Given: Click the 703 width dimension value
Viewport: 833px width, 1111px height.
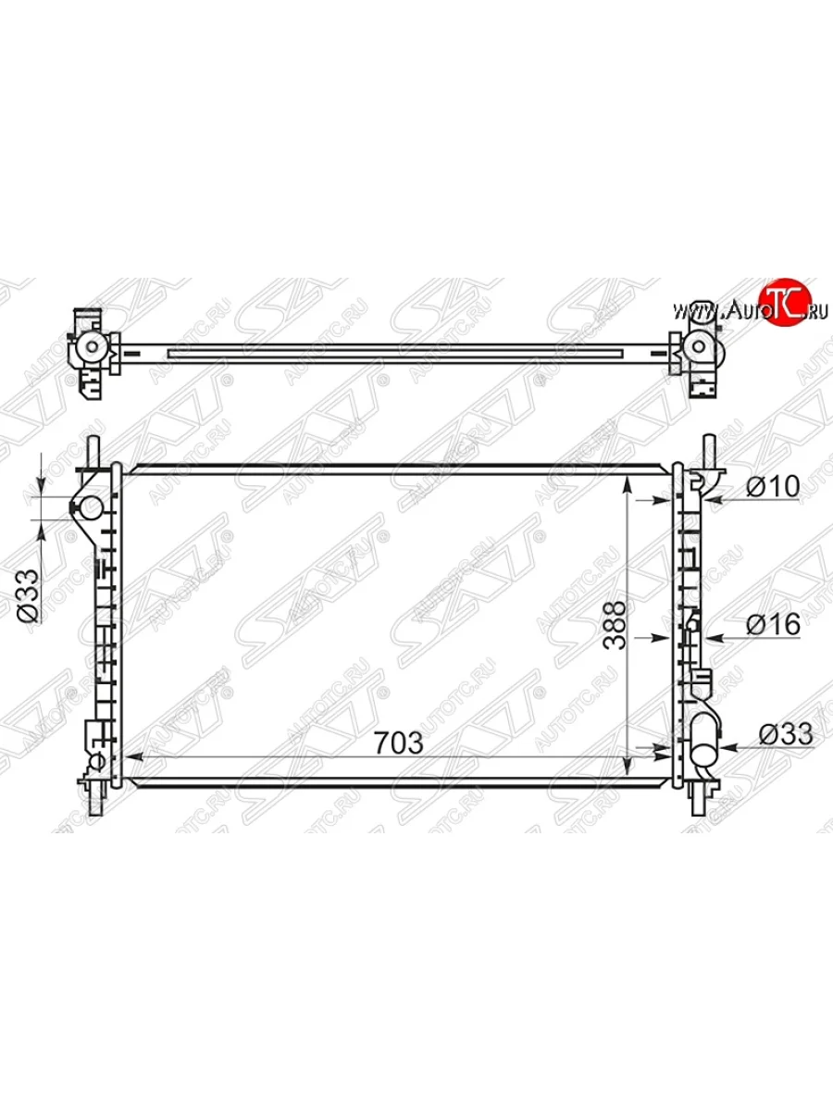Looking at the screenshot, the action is (399, 743).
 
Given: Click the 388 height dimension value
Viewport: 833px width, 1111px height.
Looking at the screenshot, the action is (615, 626).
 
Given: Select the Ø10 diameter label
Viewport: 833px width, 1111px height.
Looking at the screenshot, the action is (773, 486).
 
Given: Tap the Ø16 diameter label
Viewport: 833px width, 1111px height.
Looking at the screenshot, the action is (774, 625).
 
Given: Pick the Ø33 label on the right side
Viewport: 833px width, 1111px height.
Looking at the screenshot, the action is (786, 733).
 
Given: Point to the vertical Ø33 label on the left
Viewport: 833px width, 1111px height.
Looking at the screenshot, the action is (28, 595).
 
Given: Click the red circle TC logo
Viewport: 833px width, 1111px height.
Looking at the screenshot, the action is (786, 301).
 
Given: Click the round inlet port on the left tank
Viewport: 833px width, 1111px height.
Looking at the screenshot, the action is (91, 507).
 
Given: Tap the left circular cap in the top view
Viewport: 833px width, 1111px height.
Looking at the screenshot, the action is (92, 346).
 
